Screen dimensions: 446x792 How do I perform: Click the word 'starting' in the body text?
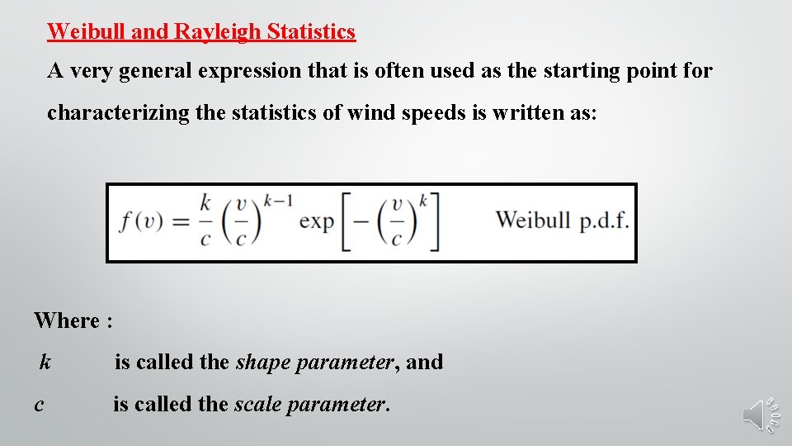point(586,71)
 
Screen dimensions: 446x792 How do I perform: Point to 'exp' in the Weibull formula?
point(316,221)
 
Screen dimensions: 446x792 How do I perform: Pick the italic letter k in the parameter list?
point(45,362)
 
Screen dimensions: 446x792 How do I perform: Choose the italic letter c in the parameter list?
point(40,405)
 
